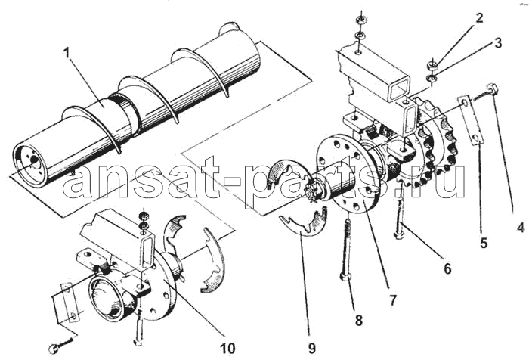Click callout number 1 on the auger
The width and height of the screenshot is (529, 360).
pos(67,53)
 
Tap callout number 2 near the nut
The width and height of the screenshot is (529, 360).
pos(479,18)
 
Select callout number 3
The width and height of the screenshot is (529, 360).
pos(498,43)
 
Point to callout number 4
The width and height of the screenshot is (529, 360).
pos(521,227)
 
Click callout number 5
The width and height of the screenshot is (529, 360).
pos(484,243)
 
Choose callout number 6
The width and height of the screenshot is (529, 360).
pos(447,268)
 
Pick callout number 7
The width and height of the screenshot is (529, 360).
pos(392,300)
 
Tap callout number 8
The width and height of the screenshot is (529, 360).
pos(359,320)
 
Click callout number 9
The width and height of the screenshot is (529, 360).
pos(311,348)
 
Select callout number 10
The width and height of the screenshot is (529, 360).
pos(227,348)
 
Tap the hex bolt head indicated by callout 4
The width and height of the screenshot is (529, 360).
pos(492,89)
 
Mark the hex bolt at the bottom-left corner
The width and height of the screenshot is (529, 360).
pos(53,349)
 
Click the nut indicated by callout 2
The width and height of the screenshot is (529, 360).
pos(432,64)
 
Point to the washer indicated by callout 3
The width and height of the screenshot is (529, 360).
pos(432,79)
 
